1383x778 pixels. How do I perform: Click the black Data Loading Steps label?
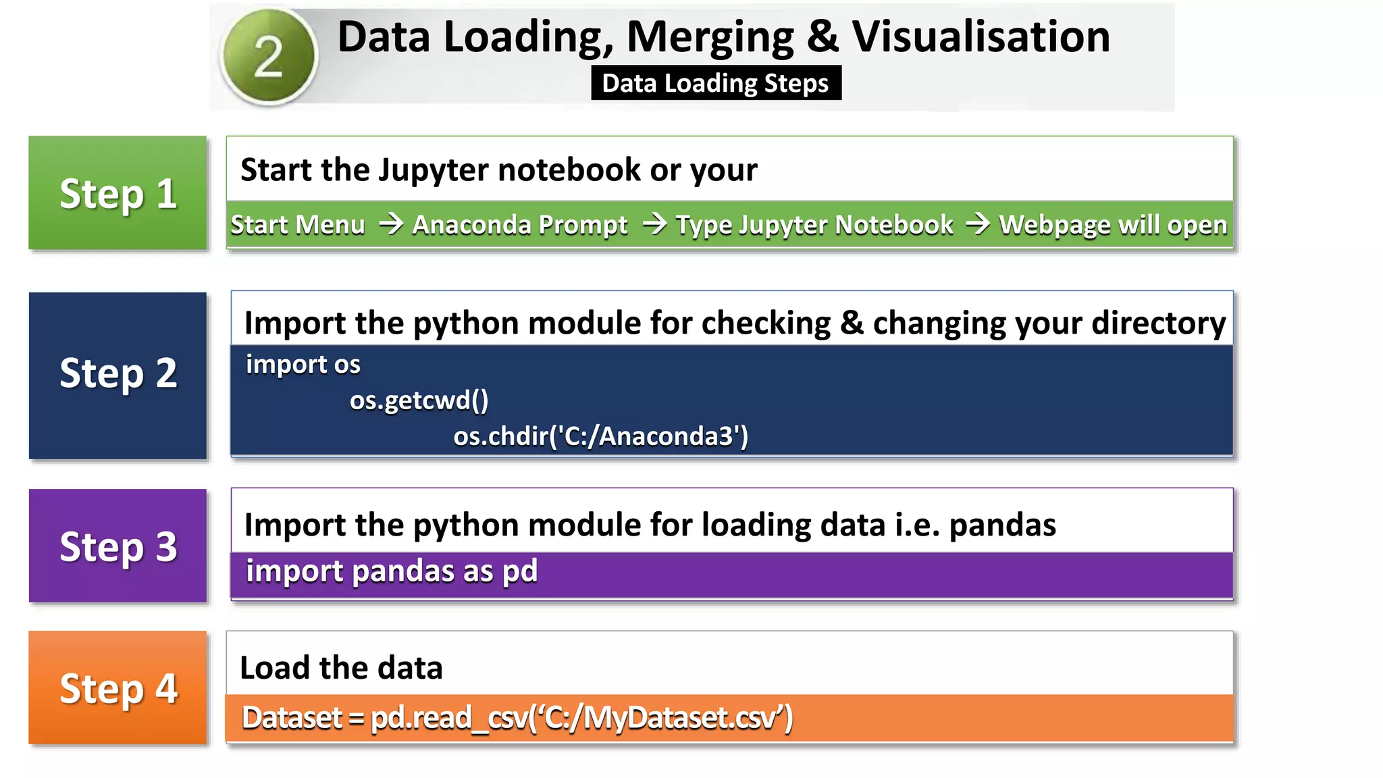[716, 83]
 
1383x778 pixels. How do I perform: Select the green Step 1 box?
[118, 193]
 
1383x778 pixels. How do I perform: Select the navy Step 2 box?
[118, 375]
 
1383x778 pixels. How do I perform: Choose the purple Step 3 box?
[118, 546]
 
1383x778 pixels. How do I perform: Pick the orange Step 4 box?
[118, 688]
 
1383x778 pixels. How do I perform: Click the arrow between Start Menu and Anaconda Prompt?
[390, 223]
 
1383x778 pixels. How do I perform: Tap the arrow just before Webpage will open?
[977, 223]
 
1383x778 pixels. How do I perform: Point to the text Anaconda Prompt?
[520, 225]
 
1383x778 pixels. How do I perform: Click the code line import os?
[303, 365]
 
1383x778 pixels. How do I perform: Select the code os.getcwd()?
[419, 400]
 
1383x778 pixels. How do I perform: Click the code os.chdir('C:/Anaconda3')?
[600, 436]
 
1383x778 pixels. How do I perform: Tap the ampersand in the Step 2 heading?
[852, 323]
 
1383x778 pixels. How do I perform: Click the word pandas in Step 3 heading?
[1002, 525]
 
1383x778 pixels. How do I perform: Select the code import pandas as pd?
[392, 571]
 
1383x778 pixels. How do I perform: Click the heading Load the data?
[341, 668]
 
